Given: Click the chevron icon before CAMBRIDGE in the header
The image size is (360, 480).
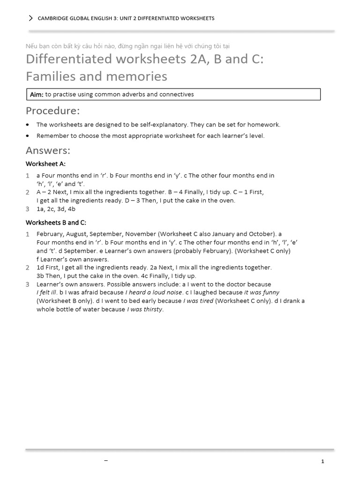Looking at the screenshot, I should (31, 18).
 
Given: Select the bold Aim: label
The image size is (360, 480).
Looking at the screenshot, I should (37, 95).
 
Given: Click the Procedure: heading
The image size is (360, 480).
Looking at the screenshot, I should (52, 111).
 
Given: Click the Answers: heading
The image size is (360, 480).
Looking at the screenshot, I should (48, 150).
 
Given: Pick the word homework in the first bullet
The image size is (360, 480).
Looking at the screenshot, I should (265, 125).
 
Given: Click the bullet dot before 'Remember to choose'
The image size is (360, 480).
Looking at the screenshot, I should (28, 136).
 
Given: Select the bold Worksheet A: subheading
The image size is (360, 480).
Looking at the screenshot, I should (45, 164).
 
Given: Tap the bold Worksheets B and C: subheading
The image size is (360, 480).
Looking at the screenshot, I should (56, 222).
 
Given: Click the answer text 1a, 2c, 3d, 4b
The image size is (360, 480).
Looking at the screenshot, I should (56, 209).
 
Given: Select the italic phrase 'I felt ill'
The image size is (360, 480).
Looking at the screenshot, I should (46, 292).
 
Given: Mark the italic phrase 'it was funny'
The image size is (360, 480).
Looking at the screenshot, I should (262, 292).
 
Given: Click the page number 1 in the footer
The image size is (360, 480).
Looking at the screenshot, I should (322, 462).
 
